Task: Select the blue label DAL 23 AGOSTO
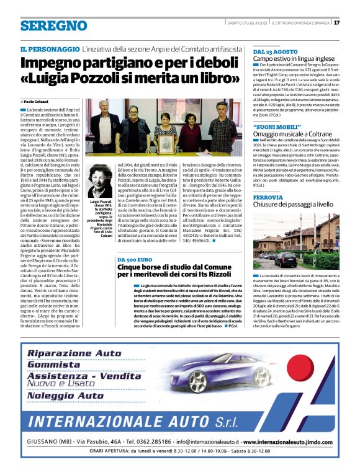click(x=270, y=51)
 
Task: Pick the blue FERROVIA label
click(x=268, y=198)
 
